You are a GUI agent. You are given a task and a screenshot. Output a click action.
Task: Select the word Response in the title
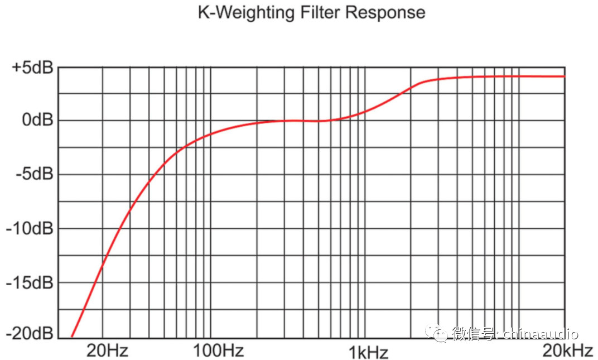(x=384, y=13)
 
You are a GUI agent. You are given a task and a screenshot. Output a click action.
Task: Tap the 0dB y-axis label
(x=36, y=121)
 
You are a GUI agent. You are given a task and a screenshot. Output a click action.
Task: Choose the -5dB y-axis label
(x=35, y=175)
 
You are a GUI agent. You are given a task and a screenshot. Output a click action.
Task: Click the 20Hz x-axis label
(x=107, y=351)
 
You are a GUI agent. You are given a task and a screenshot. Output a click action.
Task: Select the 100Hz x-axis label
(x=218, y=351)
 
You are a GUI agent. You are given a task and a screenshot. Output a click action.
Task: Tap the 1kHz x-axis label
(x=368, y=352)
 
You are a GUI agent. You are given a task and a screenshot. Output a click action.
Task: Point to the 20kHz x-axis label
(x=566, y=351)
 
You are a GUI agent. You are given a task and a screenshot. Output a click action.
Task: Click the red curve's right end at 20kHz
(x=564, y=76)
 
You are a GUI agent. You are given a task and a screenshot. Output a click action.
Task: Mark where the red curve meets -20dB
(x=72, y=337)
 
